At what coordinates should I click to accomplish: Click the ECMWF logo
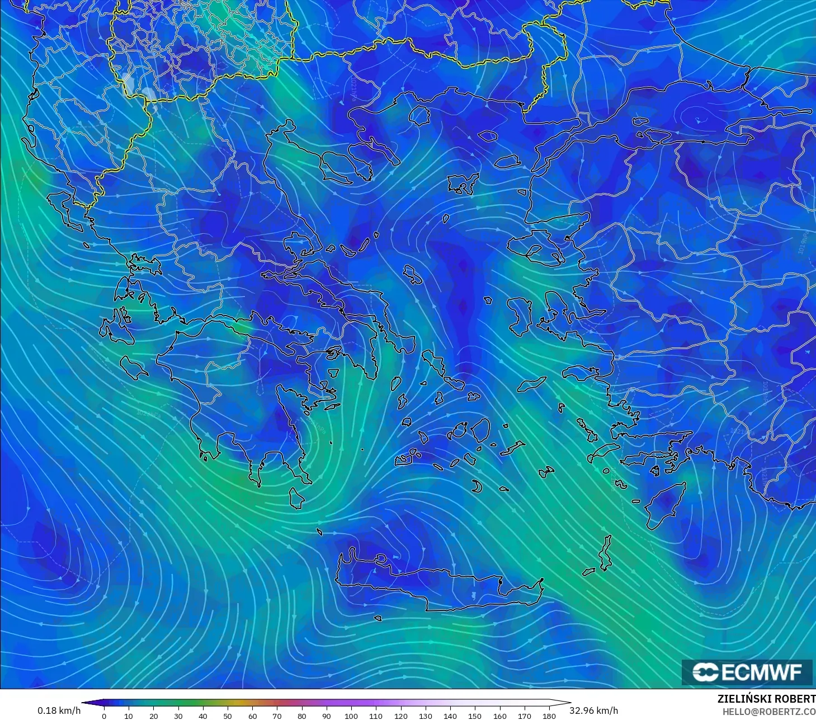pyautogui.click(x=747, y=672)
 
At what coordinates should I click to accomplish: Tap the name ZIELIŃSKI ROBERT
pyautogui.click(x=766, y=699)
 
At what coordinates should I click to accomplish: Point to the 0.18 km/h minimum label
pyautogui.click(x=59, y=710)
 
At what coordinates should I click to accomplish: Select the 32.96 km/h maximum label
pyautogui.click(x=594, y=710)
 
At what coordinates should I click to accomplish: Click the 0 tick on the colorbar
pyautogui.click(x=104, y=716)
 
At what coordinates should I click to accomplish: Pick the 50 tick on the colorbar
pyautogui.click(x=228, y=716)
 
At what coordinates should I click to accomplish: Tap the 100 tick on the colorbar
pyautogui.click(x=351, y=716)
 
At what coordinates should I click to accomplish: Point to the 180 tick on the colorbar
pyautogui.click(x=549, y=716)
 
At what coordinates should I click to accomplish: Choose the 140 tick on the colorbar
pyautogui.click(x=450, y=716)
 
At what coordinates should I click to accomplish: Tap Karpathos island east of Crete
pyautogui.click(x=605, y=553)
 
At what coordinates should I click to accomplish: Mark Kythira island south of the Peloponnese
pyautogui.click(x=297, y=498)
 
